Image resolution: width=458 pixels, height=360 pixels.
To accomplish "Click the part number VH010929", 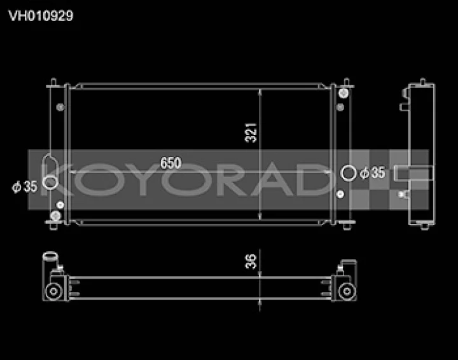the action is pyautogui.click(x=41, y=16).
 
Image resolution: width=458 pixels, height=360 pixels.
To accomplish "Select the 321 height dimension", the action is pyautogui.click(x=251, y=133).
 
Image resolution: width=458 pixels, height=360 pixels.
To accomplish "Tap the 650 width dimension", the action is pyautogui.click(x=170, y=163).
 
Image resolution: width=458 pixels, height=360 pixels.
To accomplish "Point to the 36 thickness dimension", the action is pyautogui.click(x=251, y=261).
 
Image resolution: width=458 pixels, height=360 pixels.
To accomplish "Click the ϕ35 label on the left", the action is pyautogui.click(x=25, y=187).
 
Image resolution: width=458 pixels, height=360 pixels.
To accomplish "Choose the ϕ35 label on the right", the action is pyautogui.click(x=372, y=173).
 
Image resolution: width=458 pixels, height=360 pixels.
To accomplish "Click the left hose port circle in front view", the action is pyautogui.click(x=50, y=182).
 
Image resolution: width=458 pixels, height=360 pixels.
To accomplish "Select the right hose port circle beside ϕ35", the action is pyautogui.click(x=348, y=173).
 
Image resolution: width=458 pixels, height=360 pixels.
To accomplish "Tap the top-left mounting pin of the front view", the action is pyautogui.click(x=53, y=82).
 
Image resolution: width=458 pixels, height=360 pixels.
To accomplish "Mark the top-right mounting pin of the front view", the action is pyautogui.click(x=347, y=82).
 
